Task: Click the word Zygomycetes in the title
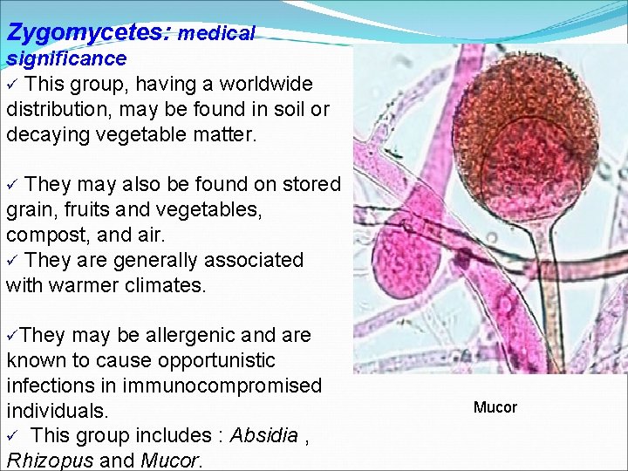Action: coord(87,32)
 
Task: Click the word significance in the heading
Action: coord(67,58)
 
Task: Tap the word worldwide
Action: coord(266,85)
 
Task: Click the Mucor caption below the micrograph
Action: coord(495,407)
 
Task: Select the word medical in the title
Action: coord(216,34)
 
